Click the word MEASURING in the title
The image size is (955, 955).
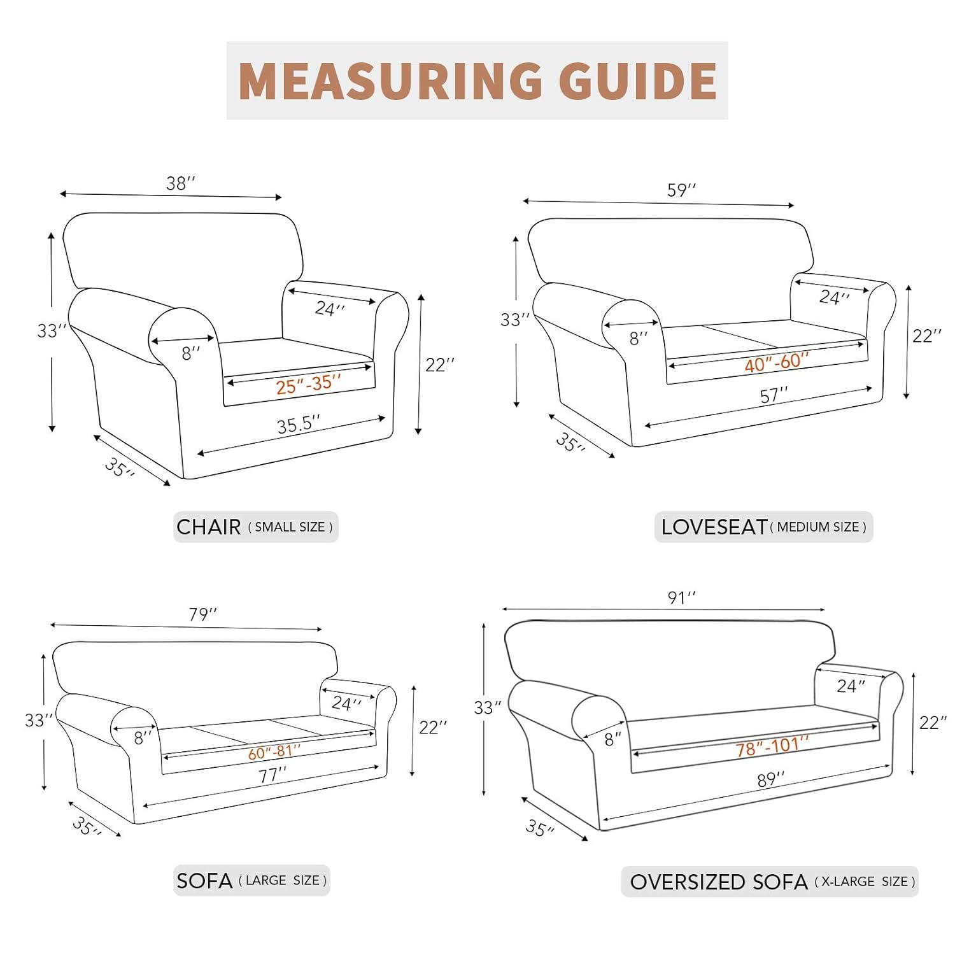pos(390,81)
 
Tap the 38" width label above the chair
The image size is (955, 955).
pos(180,183)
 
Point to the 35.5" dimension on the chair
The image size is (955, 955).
pos(298,425)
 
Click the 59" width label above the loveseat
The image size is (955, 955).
pos(681,190)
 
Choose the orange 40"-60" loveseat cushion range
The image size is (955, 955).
pos(776,362)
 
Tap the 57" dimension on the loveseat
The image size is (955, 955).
pos(774,395)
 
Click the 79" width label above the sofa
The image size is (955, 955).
pos(202,614)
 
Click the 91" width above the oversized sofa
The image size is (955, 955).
pos(681,598)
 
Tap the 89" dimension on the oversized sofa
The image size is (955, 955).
pos(770,779)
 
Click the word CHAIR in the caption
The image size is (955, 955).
pos(208,527)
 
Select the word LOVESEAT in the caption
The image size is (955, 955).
pos(714,527)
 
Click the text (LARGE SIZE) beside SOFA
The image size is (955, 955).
pos(283,881)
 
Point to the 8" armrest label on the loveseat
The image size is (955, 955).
pos(638,338)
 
